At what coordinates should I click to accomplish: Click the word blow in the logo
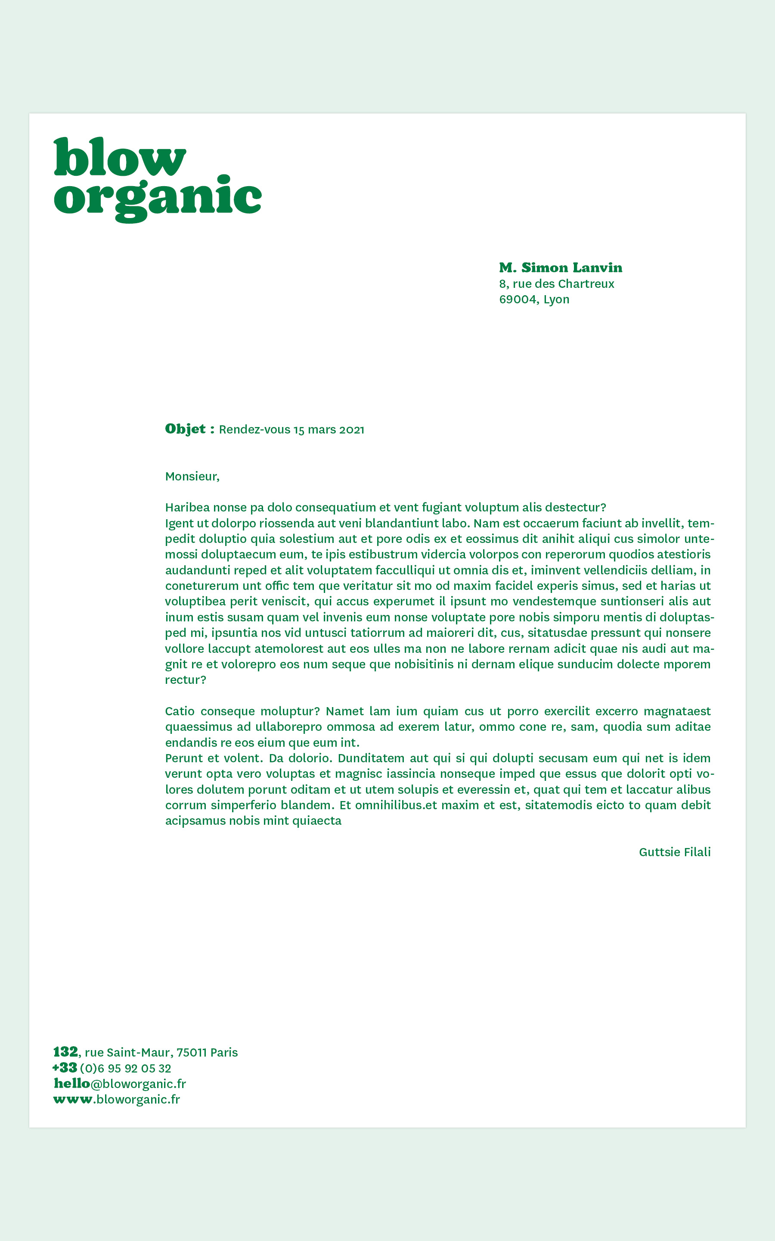[119, 157]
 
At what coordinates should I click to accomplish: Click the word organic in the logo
[157, 198]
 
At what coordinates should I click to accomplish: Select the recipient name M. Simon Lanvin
[560, 268]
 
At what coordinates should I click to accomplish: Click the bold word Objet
[186, 429]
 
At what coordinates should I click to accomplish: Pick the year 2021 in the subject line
[352, 430]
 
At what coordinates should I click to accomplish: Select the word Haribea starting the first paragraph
[187, 508]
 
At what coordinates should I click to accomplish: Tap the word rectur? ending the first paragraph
[186, 680]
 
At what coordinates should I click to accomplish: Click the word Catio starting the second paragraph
[180, 711]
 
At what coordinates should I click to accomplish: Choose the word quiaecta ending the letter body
[317, 820]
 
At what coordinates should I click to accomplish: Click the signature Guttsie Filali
[675, 852]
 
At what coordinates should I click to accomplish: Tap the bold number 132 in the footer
[65, 1052]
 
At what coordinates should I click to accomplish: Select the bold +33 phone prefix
[65, 1068]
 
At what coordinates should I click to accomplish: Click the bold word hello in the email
[72, 1084]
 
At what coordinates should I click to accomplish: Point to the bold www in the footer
[73, 1100]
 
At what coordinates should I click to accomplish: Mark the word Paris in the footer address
[224, 1053]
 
